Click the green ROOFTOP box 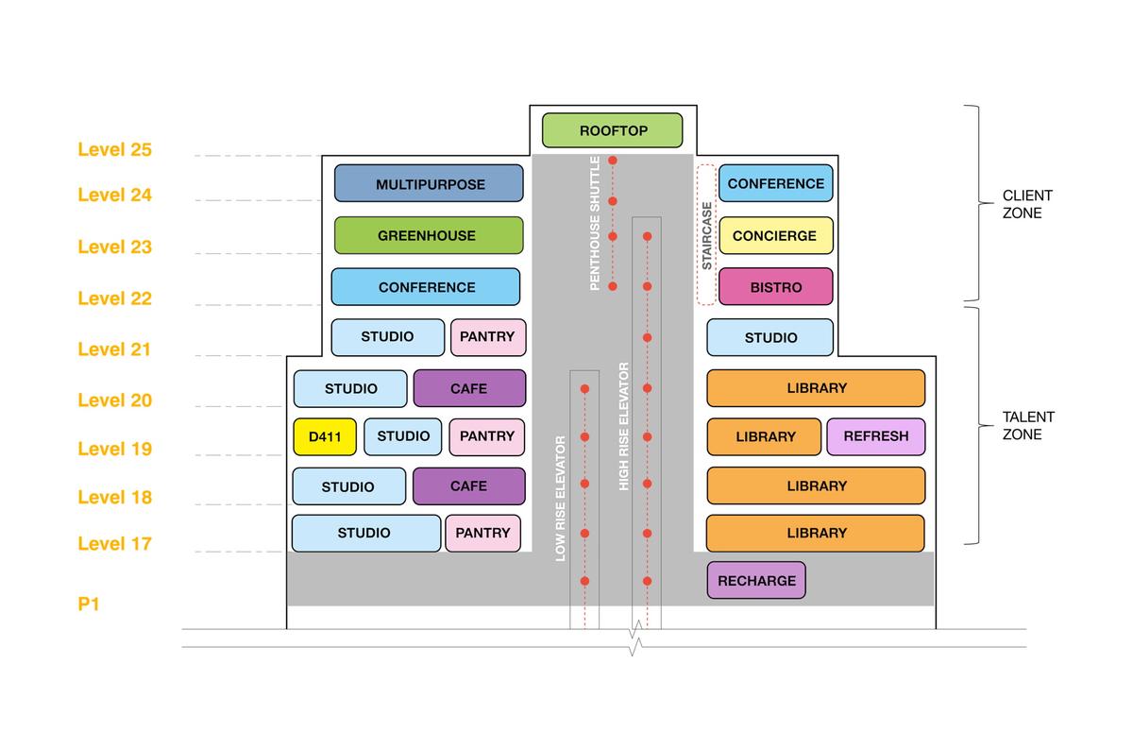(x=612, y=130)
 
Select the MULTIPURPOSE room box (x=429, y=183)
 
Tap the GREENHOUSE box (x=429, y=235)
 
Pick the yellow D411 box (x=325, y=436)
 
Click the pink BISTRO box (x=776, y=286)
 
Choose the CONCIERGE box (x=776, y=235)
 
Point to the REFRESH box (x=875, y=436)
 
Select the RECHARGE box (x=756, y=580)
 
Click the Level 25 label (x=114, y=149)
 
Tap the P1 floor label (x=89, y=604)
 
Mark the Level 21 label (x=114, y=349)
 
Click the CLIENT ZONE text (x=1027, y=204)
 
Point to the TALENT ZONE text (x=1028, y=425)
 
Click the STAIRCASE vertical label (x=707, y=235)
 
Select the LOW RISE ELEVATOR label (x=561, y=499)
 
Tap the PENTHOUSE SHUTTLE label (x=596, y=223)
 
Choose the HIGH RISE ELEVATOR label (x=624, y=425)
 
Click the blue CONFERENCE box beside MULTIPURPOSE (x=776, y=183)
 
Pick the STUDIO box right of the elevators (x=770, y=337)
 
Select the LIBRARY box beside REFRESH (x=765, y=436)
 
